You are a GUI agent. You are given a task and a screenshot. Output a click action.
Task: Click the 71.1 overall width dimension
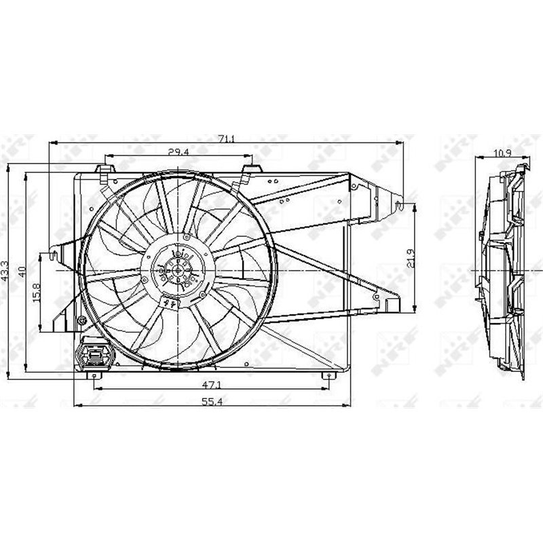pyautogui.click(x=226, y=139)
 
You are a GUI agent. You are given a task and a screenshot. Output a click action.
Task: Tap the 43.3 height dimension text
pyautogui.click(x=5, y=272)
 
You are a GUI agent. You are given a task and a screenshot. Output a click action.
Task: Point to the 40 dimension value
pyautogui.click(x=22, y=271)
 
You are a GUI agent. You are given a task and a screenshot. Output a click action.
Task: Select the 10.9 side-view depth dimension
pyautogui.click(x=503, y=153)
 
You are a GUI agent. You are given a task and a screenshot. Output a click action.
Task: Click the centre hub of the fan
pyautogui.click(x=177, y=269)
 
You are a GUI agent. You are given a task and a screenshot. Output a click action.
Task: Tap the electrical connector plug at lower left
pyautogui.click(x=91, y=354)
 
